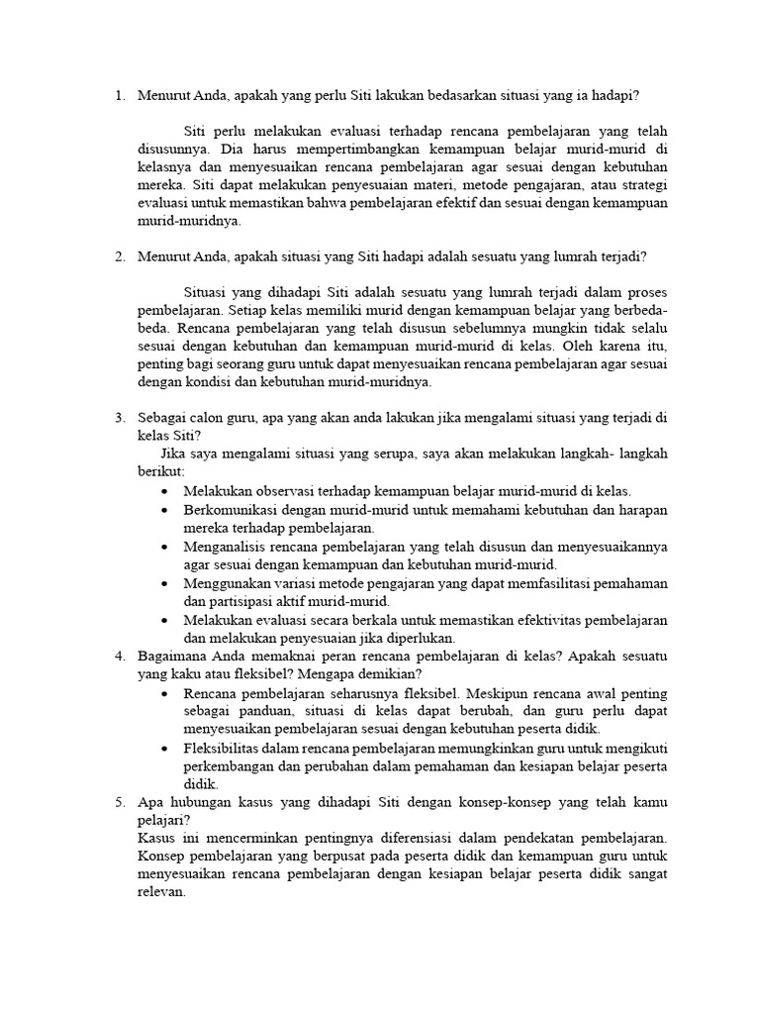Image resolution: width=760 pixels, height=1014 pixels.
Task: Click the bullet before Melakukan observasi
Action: coord(163,491)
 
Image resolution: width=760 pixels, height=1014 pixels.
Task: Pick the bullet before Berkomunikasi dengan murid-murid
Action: coord(163,510)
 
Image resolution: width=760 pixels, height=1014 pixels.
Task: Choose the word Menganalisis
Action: coord(228,546)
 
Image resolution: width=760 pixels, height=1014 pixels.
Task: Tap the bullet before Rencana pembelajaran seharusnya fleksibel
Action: coord(163,693)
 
